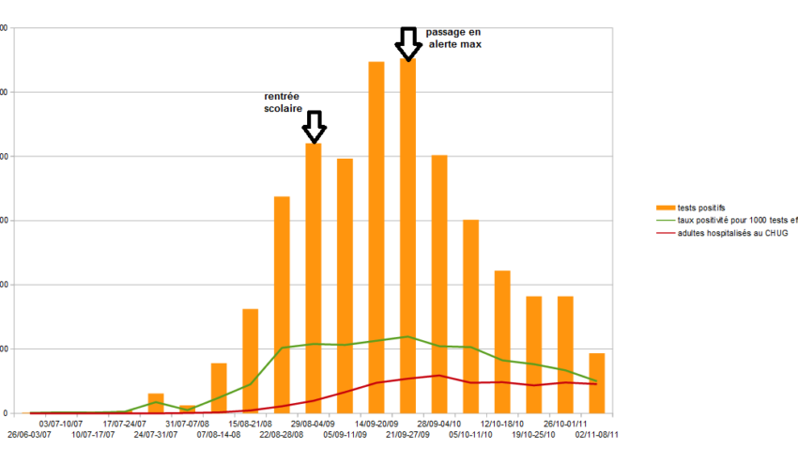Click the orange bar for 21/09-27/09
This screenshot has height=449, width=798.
coord(407,235)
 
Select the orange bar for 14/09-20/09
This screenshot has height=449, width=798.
coord(376,235)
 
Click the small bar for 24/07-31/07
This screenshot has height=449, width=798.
coord(156,404)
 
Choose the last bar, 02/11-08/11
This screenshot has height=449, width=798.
coord(596,382)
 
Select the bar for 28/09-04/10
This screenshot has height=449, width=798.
coord(439,282)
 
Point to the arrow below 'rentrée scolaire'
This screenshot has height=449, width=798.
coord(315,126)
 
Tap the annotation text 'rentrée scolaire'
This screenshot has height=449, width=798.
coord(284,102)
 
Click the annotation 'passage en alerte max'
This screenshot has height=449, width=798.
coord(453,38)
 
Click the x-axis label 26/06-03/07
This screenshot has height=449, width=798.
coord(31,435)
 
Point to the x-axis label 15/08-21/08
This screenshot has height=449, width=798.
coord(251,424)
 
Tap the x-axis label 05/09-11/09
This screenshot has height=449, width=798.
coord(345,435)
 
